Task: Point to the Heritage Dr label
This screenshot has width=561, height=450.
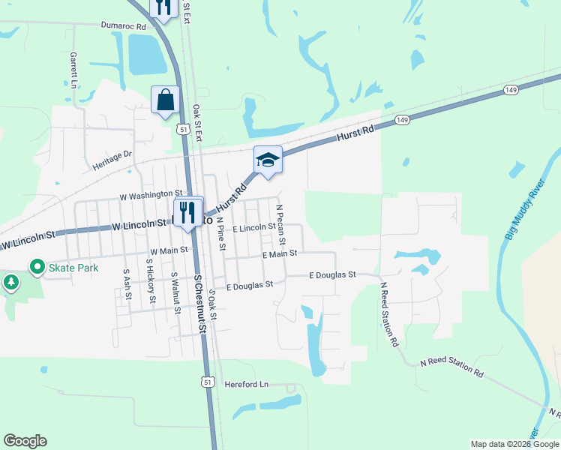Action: tap(112, 158)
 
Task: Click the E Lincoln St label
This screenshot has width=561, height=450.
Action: tap(254, 227)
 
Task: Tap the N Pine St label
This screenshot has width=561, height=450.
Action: tap(220, 232)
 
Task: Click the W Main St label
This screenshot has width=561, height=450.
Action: tap(168, 251)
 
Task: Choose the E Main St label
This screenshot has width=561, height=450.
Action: tap(280, 255)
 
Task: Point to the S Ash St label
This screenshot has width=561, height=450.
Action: tap(127, 286)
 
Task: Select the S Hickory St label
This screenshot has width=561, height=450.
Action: tap(150, 283)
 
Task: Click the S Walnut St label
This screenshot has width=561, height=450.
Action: tap(175, 289)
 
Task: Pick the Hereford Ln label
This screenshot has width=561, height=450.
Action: tap(246, 385)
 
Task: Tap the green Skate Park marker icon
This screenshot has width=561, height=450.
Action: tap(35, 266)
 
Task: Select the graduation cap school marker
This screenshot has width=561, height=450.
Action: tap(268, 160)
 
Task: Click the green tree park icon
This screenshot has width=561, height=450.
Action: tap(10, 282)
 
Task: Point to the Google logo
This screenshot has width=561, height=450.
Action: tap(25, 441)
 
